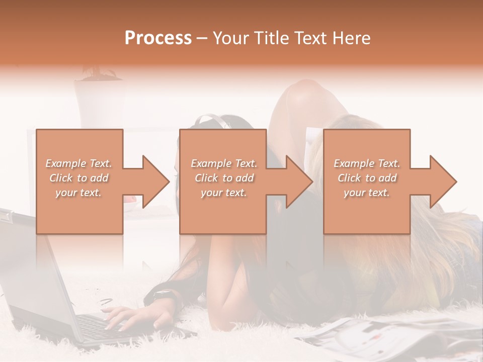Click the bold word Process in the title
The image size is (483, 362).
coord(158,38)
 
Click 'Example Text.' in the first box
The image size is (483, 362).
coord(78,163)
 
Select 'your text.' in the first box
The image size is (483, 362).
coord(78,193)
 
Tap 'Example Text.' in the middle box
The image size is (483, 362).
coord(224,163)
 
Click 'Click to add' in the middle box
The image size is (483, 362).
coord(224,178)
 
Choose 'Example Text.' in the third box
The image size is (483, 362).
coord(367,163)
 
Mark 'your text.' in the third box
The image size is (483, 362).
coord(367,193)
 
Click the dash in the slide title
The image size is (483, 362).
coord(202,39)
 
